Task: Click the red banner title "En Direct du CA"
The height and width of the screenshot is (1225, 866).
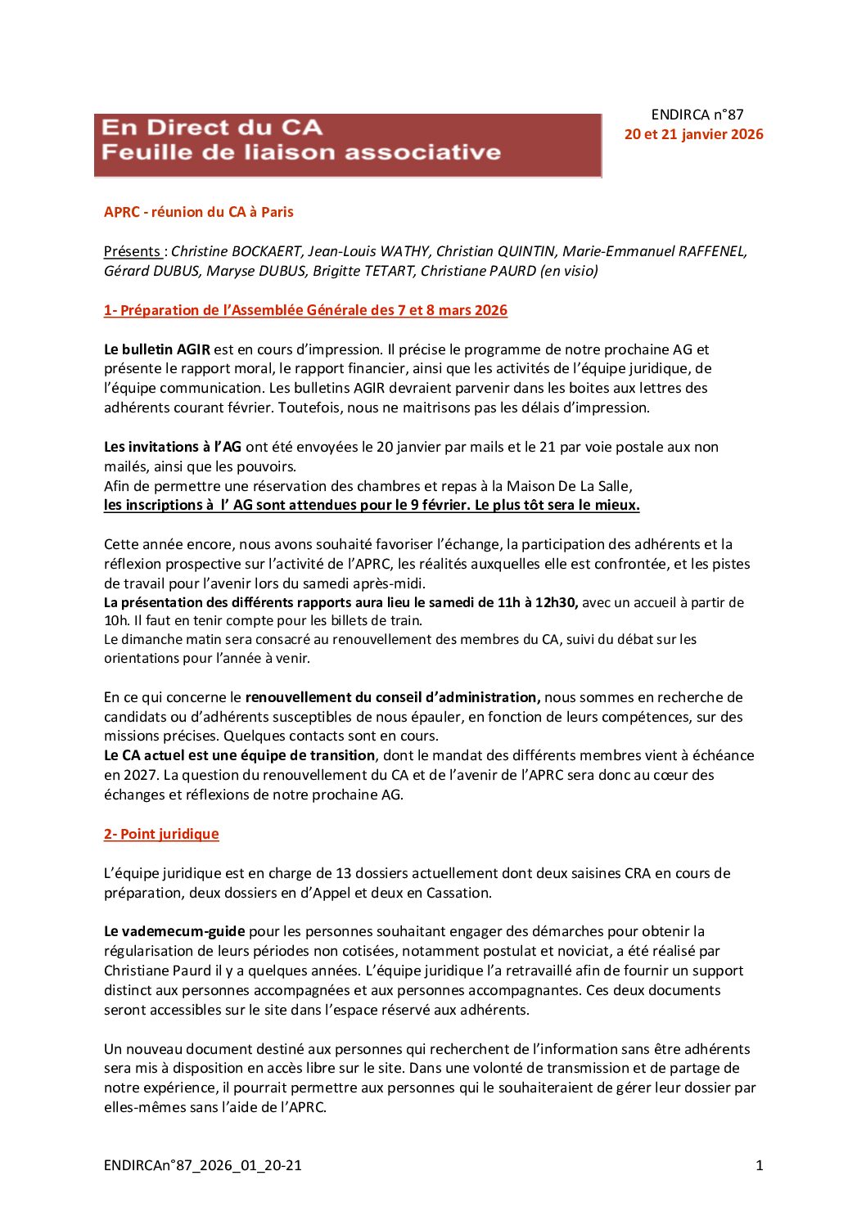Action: tap(211, 128)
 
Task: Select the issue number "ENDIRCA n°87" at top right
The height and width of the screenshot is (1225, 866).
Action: tap(697, 115)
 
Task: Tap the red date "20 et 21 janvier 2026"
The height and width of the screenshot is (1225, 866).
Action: tap(693, 134)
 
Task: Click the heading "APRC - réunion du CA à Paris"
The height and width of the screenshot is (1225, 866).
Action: tap(198, 212)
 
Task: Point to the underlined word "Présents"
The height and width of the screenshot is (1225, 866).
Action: tap(132, 251)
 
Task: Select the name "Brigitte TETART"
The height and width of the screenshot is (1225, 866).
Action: tap(363, 271)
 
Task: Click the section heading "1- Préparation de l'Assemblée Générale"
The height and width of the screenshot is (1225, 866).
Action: tap(305, 310)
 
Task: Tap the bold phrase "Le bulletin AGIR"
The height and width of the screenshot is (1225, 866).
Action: tap(156, 349)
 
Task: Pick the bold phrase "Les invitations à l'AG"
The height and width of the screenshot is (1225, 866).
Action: tap(172, 447)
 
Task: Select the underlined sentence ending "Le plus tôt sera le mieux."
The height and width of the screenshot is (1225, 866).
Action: tap(372, 505)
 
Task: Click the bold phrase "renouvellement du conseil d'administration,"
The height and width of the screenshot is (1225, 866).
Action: tap(392, 697)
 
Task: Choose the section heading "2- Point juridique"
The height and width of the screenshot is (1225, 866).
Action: tap(161, 834)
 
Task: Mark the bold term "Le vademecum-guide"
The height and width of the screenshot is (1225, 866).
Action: tap(174, 931)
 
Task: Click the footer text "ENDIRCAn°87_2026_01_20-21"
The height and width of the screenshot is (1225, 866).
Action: tap(202, 1165)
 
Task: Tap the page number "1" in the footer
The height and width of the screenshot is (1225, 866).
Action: tap(759, 1165)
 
